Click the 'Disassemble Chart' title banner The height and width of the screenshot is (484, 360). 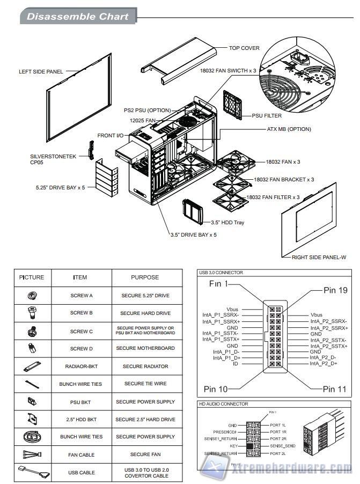(77, 17)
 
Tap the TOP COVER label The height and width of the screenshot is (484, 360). (244, 48)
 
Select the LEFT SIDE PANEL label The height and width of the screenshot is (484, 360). (41, 71)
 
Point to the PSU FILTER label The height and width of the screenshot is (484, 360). (267, 115)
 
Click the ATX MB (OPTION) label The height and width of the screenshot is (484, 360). (289, 129)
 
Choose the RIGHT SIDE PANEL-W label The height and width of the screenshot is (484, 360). (319, 258)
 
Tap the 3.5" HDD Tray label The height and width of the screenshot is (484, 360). (227, 222)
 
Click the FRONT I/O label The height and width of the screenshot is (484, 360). (110, 135)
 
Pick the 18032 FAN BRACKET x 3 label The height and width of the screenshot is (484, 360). (284, 179)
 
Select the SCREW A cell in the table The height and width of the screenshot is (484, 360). (82, 296)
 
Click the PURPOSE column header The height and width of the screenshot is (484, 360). (145, 277)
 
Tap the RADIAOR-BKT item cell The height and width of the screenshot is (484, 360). (82, 366)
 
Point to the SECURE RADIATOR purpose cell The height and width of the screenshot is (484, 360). (145, 366)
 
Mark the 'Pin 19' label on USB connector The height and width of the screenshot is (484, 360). (335, 290)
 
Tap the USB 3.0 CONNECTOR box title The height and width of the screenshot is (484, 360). (221, 273)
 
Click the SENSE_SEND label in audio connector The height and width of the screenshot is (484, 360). (282, 446)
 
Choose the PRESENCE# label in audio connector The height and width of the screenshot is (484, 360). (225, 431)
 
